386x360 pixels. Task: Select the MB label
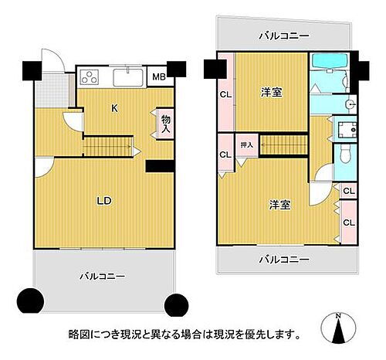(157, 76)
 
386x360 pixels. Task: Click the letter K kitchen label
(114, 109)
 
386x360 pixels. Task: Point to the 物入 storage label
(165, 124)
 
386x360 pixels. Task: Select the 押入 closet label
(246, 145)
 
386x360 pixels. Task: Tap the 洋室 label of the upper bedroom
(271, 93)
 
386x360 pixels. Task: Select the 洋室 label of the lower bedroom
(279, 205)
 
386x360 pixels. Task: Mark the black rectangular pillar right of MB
(178, 70)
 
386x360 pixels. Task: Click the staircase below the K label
(103, 144)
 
